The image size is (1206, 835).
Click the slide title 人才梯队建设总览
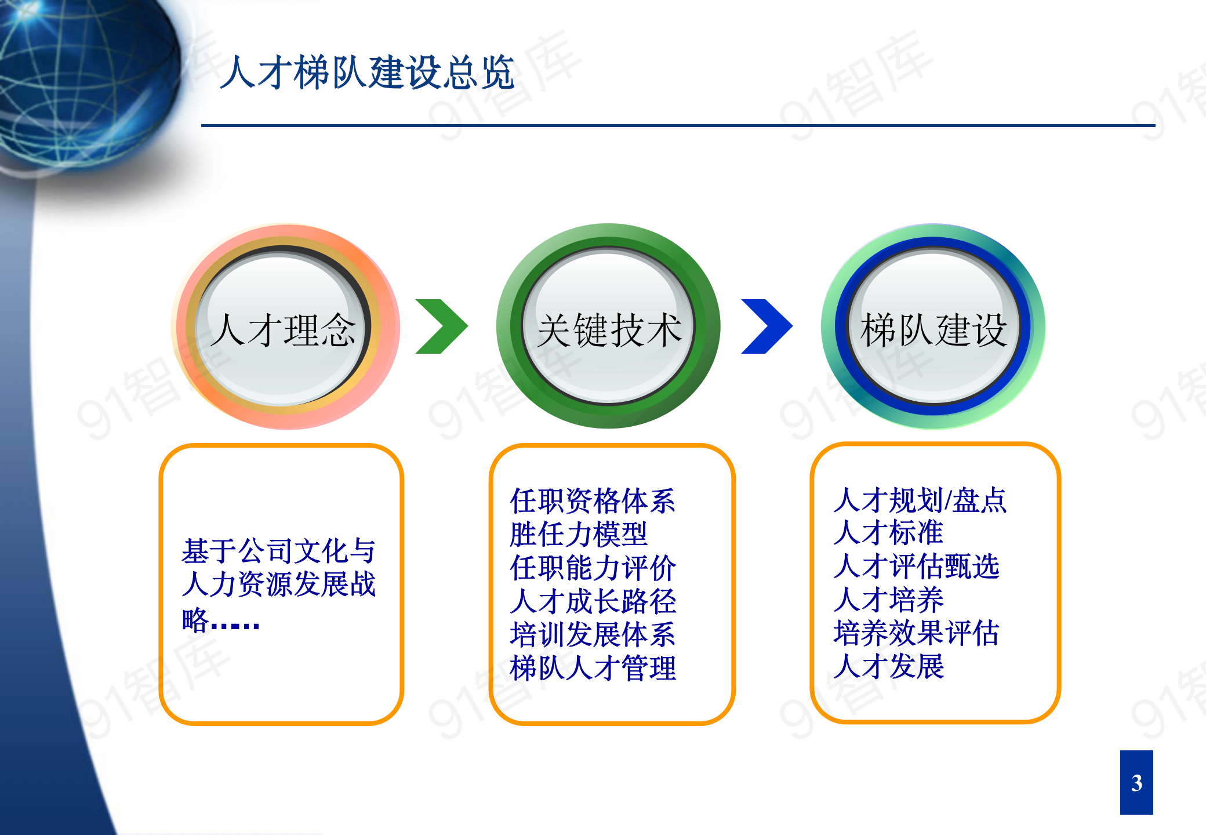[367, 73]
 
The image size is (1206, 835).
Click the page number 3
[1136, 783]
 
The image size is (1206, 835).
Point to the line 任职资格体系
[593, 501]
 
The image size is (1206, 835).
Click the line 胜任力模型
[578, 534]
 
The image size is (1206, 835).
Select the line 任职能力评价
[593, 568]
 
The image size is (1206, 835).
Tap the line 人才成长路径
[593, 601]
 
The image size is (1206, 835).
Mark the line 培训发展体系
[593, 634]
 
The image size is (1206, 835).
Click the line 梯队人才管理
[593, 668]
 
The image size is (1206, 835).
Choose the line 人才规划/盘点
[920, 500]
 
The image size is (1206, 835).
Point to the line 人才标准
[888, 533]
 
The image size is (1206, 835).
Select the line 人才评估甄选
[916, 567]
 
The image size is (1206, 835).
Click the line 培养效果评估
[916, 633]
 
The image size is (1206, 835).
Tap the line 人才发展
[888, 666]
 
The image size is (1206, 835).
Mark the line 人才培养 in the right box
[888, 600]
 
